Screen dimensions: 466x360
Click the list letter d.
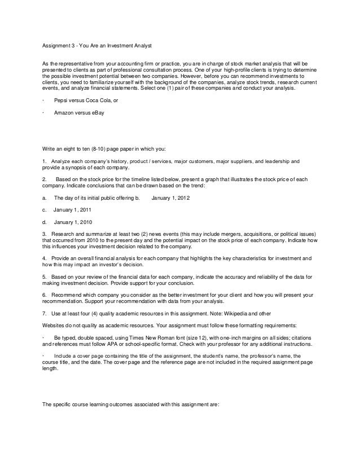coord(44,221)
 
